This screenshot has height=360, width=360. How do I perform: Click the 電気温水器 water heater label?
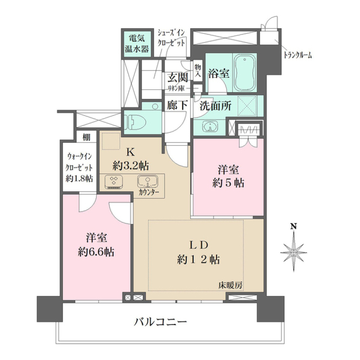click(x=137, y=44)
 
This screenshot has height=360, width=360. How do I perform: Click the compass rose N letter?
click(x=294, y=226)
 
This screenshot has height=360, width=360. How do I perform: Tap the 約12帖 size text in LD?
click(x=198, y=259)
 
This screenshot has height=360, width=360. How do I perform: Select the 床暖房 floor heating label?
click(x=230, y=285)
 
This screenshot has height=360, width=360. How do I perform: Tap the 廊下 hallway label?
click(x=177, y=105)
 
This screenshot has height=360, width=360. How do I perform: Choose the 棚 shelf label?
click(x=87, y=137)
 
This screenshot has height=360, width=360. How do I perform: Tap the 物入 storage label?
click(x=198, y=71)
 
